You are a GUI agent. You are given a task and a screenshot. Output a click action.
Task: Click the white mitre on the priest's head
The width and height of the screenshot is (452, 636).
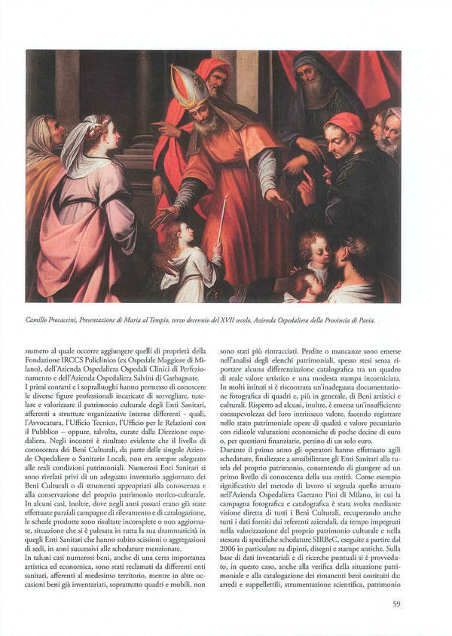[188, 87]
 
